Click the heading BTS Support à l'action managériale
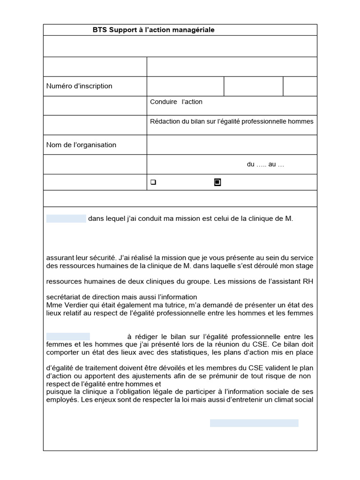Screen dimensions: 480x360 click(153, 30)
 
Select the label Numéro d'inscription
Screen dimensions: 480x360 click(79, 86)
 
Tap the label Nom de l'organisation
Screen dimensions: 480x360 click(81, 145)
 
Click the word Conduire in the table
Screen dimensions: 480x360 click(164, 102)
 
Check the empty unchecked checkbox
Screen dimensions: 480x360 click(153, 182)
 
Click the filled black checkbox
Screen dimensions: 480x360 click(217, 182)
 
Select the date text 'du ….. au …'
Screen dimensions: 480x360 click(265, 165)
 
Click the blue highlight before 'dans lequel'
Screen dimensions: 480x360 click(66, 218)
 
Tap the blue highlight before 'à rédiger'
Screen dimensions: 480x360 click(68, 337)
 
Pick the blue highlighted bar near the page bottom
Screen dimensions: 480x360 click(254, 423)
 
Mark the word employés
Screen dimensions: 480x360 click(63, 400)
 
